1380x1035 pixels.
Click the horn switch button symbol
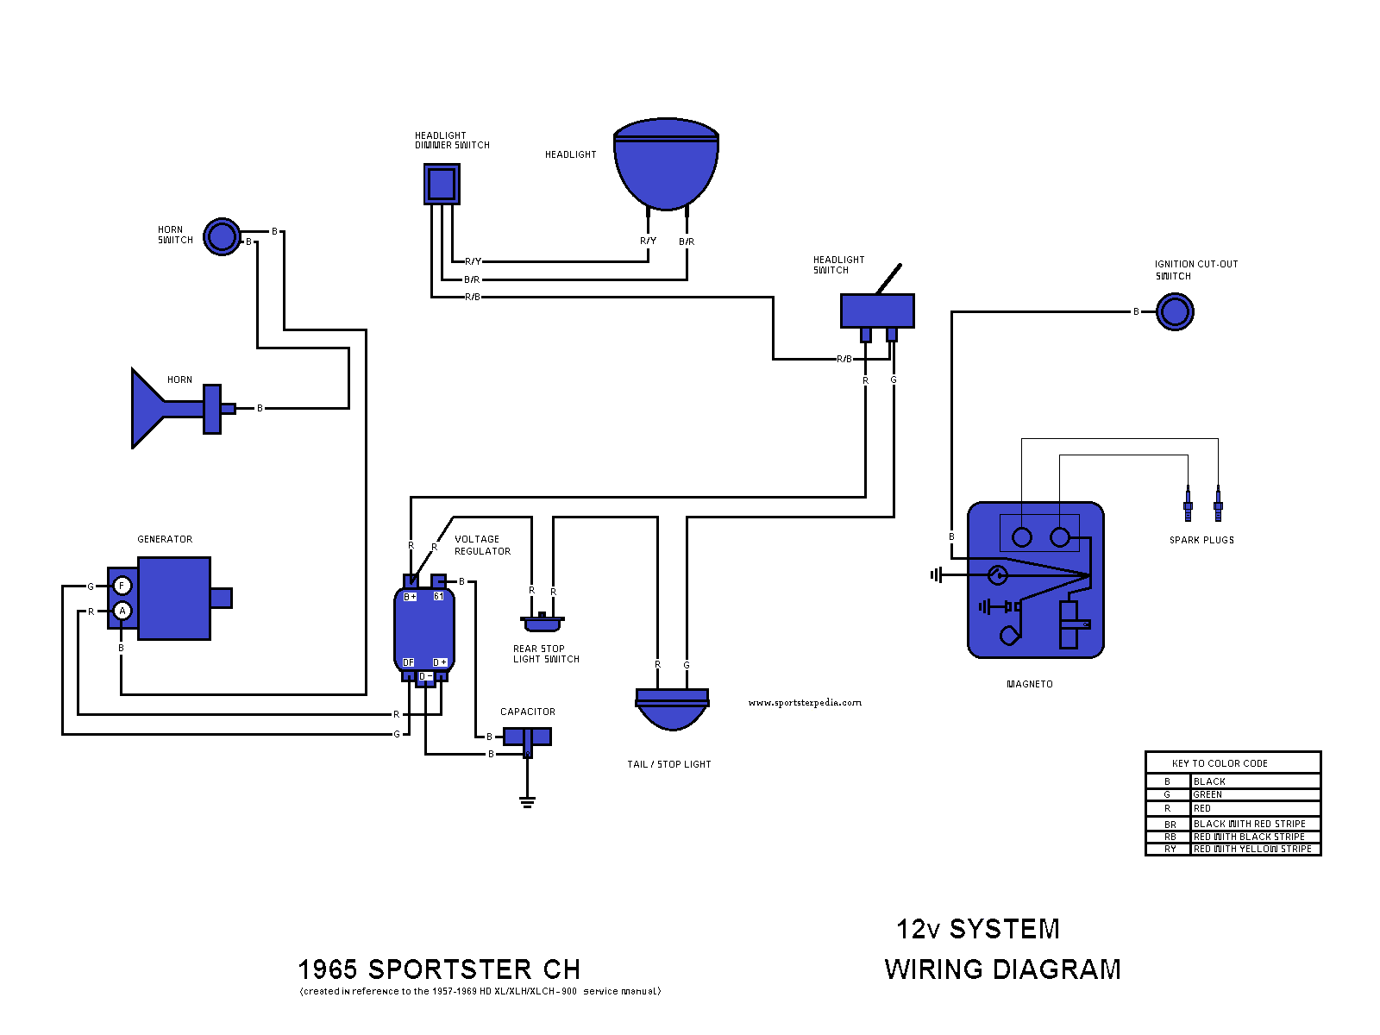tap(222, 236)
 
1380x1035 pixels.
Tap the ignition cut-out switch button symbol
tap(1175, 311)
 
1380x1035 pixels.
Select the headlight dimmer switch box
tap(442, 184)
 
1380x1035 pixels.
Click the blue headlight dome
tap(666, 168)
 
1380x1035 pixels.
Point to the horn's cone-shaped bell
tap(148, 409)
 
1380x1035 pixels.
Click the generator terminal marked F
tap(122, 586)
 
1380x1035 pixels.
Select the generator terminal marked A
tap(122, 612)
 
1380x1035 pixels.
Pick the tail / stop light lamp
tap(672, 707)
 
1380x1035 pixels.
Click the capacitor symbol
tap(527, 737)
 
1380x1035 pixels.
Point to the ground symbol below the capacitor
tap(527, 802)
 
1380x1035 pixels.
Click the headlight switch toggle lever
tap(889, 279)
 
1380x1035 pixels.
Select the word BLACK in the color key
tap(1209, 781)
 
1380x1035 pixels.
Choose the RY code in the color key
tap(1170, 850)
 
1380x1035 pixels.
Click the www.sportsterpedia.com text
tap(805, 703)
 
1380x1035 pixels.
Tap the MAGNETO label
tap(1030, 684)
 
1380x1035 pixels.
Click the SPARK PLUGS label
tap(1201, 540)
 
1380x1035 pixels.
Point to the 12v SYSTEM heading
tap(978, 929)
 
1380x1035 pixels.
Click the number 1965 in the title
tap(328, 969)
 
